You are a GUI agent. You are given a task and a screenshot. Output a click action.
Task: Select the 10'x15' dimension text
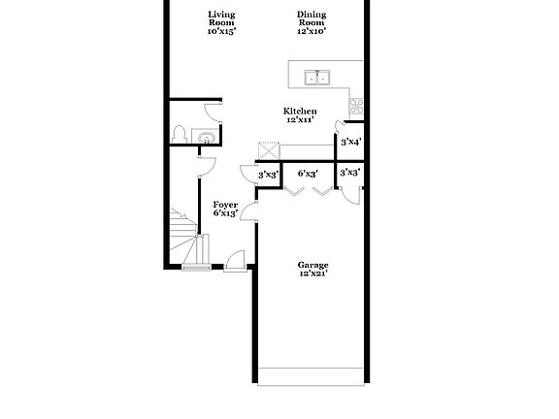pos(221,31)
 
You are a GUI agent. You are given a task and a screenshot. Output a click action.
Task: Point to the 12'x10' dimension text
pos(312,31)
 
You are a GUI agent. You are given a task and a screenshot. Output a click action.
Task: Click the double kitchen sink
pos(316,78)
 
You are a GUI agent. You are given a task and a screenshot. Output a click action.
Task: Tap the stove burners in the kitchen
pos(356,103)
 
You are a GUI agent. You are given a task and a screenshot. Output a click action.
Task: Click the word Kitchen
pos(299,111)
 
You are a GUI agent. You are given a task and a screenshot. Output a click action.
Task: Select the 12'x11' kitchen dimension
pos(299,120)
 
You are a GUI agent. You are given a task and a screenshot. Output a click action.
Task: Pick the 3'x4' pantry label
pos(350,143)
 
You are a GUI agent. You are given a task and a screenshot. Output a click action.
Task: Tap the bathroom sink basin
pos(205,138)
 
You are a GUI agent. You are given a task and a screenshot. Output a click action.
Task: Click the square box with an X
pos(268,151)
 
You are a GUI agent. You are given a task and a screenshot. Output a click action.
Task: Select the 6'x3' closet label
pos(308,174)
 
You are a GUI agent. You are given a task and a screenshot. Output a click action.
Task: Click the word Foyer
pos(225,205)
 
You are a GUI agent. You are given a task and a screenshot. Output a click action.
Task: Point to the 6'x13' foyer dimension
pos(225,214)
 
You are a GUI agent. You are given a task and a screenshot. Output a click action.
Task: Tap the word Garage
pos(312,265)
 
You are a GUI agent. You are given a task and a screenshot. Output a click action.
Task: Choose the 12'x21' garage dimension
pos(312,274)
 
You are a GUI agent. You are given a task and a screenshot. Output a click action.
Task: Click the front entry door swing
pos(234,260)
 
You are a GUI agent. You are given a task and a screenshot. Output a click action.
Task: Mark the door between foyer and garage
pos(248,211)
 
